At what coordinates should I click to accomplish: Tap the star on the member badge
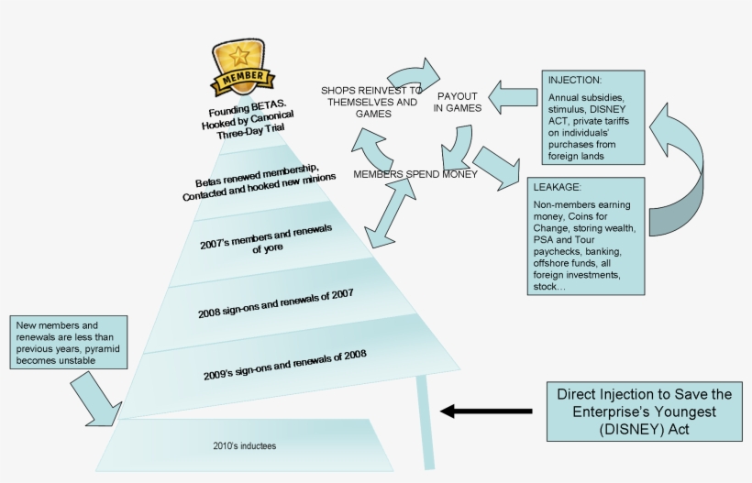click(238, 53)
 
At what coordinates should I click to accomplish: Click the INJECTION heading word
click(575, 80)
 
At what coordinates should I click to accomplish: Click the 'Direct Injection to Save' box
click(645, 411)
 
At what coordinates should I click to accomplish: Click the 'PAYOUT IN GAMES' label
click(456, 102)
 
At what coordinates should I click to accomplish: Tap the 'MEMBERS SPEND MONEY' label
click(415, 174)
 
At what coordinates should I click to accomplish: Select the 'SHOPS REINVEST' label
click(371, 102)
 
